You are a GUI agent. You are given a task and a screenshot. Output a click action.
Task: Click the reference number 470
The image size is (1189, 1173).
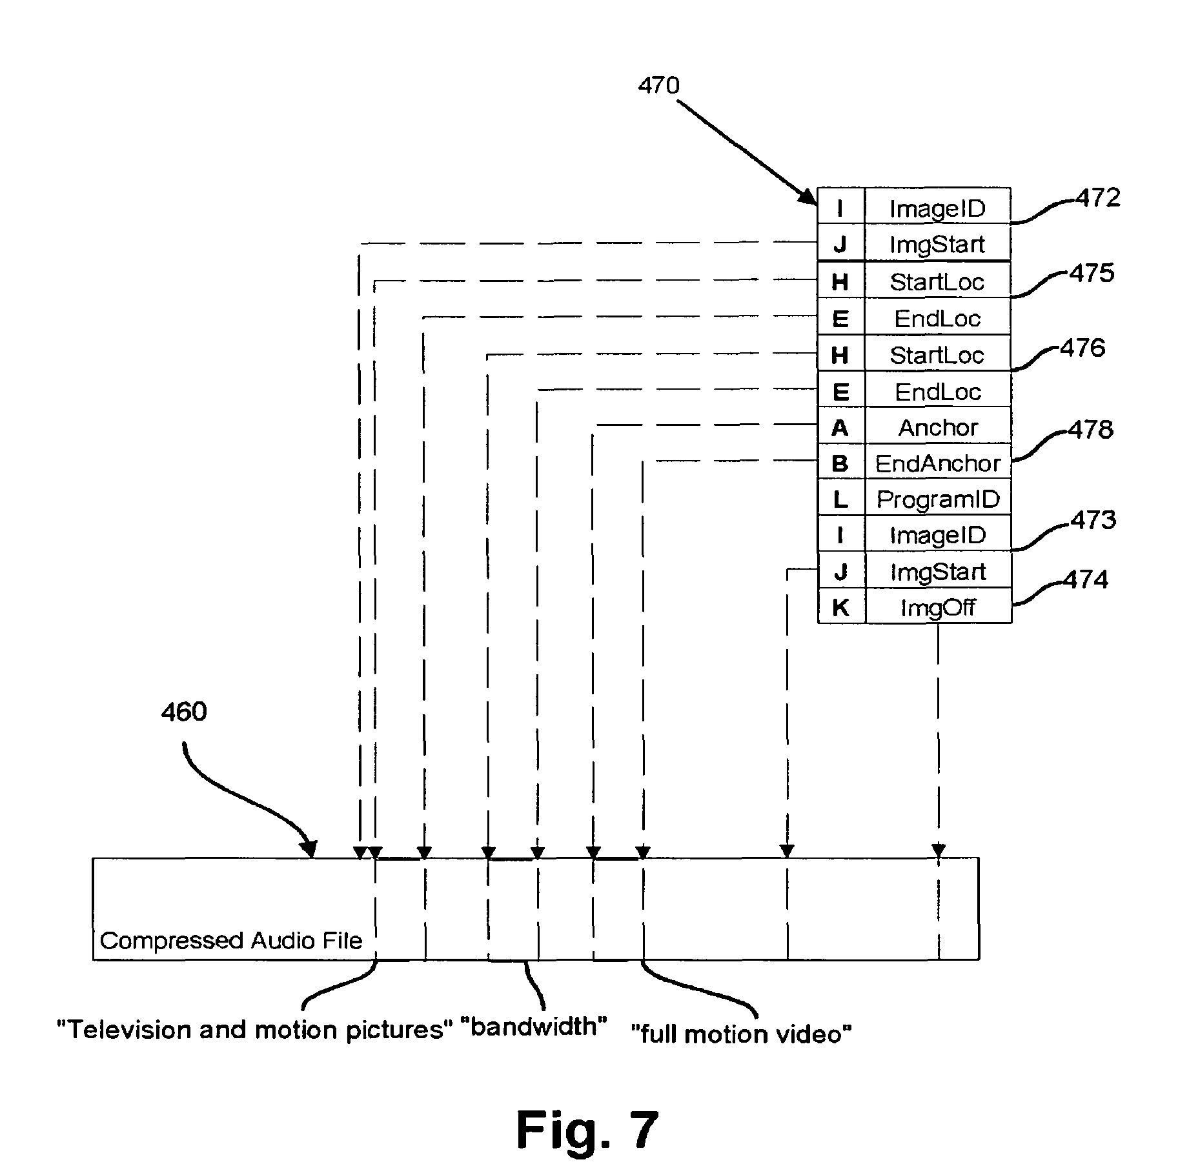(x=658, y=86)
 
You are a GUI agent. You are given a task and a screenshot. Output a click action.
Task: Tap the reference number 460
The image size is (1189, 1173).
(x=184, y=712)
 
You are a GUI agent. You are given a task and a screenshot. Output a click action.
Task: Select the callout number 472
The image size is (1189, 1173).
(x=1098, y=198)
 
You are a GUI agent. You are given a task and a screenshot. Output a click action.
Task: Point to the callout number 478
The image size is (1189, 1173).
(x=1091, y=430)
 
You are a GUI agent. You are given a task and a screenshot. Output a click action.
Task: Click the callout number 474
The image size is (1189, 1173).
(x=1086, y=579)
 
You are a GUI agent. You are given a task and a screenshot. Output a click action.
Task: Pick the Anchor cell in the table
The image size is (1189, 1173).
(x=937, y=427)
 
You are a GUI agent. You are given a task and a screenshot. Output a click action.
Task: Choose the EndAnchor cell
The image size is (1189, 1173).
(x=937, y=463)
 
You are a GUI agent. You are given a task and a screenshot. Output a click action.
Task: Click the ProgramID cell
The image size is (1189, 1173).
(x=937, y=499)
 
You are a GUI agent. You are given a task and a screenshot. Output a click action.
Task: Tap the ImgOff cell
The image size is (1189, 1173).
(x=937, y=607)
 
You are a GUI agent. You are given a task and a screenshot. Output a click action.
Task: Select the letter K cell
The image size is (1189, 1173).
(x=840, y=607)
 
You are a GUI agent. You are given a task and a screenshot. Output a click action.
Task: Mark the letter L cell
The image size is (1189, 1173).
(x=840, y=499)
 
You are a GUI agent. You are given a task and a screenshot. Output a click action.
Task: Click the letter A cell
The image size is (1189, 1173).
(x=840, y=427)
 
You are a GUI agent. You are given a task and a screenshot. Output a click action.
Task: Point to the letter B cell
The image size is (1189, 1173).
(x=840, y=463)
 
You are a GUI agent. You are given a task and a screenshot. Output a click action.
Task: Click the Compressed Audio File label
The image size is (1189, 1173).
(x=231, y=941)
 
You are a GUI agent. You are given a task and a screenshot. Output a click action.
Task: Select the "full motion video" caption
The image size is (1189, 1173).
(x=741, y=1034)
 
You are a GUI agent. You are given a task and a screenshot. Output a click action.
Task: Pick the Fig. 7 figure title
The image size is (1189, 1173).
(x=587, y=1130)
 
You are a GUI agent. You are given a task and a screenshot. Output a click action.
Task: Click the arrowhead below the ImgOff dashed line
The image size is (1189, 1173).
(x=938, y=850)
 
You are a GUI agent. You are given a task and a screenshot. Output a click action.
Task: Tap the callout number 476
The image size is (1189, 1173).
(x=1082, y=348)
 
